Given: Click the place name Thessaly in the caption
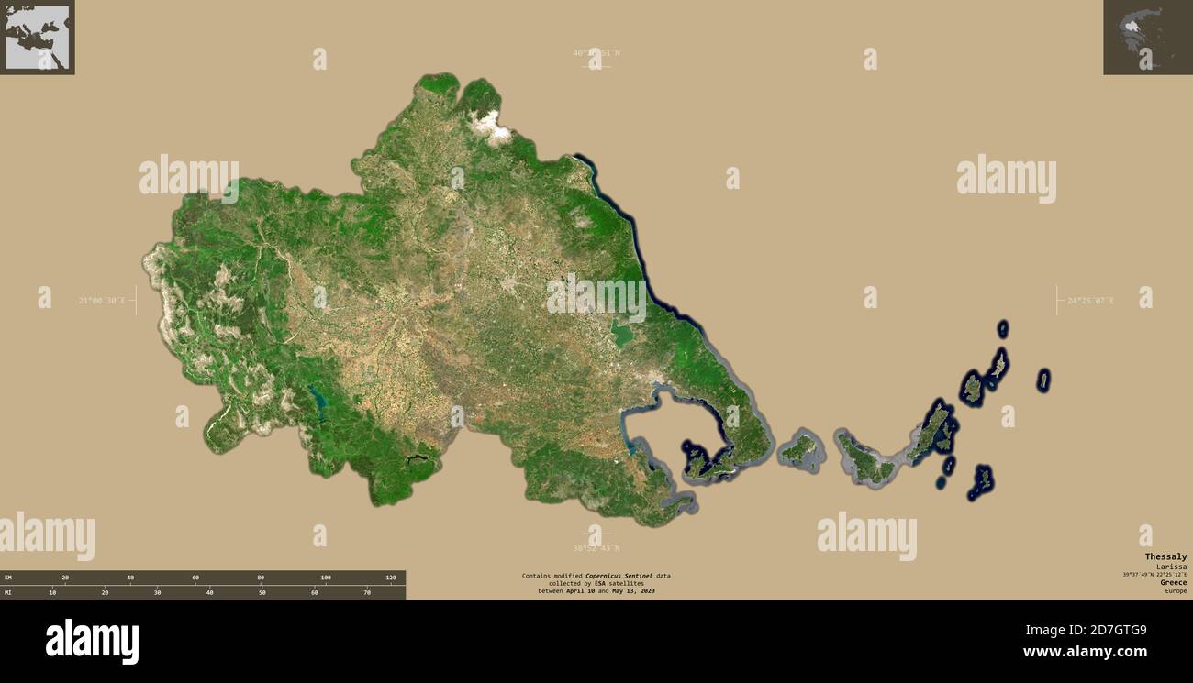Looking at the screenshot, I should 1165,556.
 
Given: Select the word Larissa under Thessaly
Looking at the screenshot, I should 1171,567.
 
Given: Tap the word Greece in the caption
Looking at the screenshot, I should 1173,582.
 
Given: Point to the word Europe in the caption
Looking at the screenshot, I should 1176,591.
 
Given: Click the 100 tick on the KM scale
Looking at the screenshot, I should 326,578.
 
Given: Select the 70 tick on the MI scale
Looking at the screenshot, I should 366,593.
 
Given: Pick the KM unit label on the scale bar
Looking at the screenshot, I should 8,578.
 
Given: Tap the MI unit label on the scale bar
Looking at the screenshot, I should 8,593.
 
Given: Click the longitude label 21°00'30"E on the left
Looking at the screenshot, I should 101,301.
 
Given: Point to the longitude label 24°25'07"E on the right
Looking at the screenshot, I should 1090,301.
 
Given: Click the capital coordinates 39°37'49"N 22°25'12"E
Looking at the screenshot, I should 1154,575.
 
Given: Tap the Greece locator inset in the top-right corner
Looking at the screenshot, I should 1147,37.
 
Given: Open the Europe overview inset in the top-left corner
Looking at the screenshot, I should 37,37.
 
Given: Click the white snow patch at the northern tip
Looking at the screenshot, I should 490,127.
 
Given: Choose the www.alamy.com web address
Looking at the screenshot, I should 1085,653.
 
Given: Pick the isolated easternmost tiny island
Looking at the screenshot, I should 1043,380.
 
